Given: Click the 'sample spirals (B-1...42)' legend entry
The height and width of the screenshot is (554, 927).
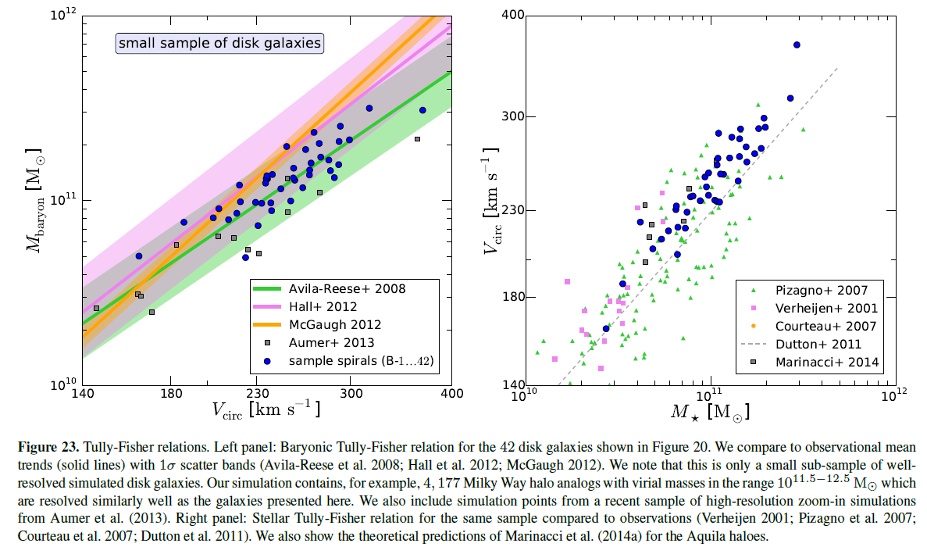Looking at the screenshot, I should [x=356, y=360].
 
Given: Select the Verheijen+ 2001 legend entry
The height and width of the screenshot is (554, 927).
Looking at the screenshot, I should [x=821, y=308].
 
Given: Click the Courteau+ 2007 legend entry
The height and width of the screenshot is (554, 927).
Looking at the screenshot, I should [x=820, y=326].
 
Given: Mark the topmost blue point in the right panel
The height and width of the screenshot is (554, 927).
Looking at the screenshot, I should [x=797, y=45].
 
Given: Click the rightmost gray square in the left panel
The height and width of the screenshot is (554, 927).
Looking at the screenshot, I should [x=417, y=139].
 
